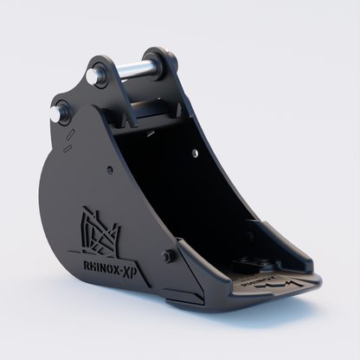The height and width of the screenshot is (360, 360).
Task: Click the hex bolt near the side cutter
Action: coord(169,257)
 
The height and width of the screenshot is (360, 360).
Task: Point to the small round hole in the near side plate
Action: coord(111,170)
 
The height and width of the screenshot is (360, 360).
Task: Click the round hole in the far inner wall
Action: coord(195,153)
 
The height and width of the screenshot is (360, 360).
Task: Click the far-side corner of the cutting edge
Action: coord(307,260)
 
